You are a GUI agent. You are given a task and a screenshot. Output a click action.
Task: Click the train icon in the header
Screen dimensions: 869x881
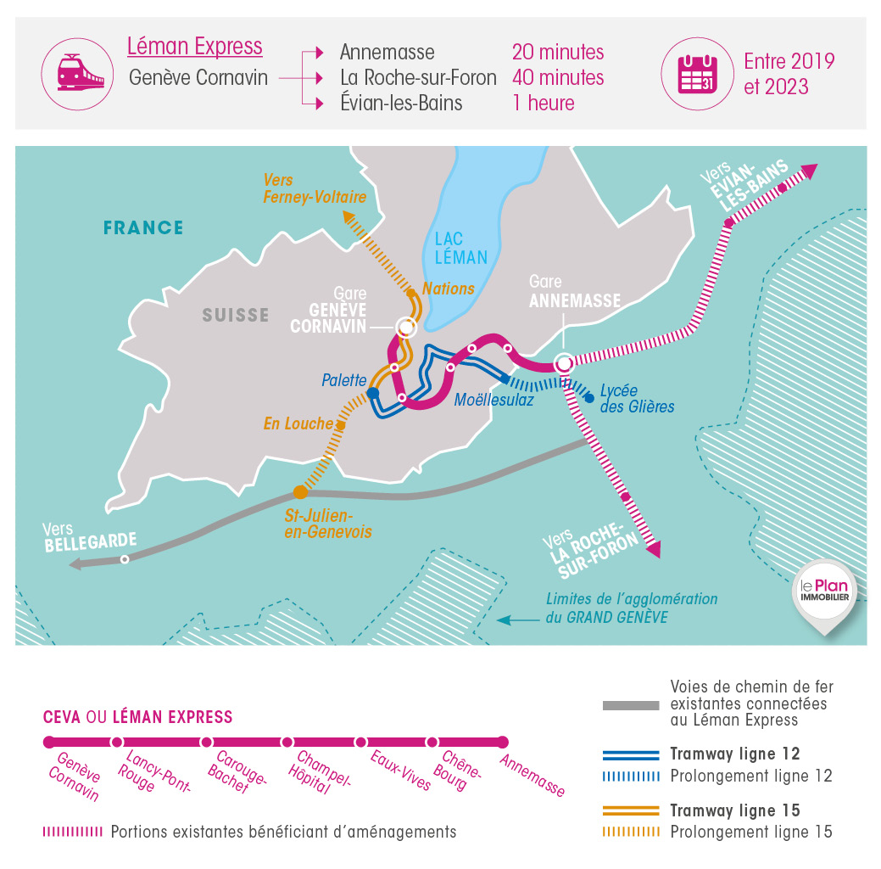pyautogui.click(x=79, y=74)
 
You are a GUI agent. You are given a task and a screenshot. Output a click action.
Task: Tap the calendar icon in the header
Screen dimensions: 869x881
pyautogui.click(x=697, y=74)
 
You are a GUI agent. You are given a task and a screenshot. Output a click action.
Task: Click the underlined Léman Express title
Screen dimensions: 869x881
pyautogui.click(x=194, y=47)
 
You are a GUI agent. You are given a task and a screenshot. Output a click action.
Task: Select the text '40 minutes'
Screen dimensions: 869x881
pyautogui.click(x=558, y=77)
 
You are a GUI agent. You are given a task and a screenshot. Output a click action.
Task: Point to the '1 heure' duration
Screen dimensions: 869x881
pyautogui.click(x=543, y=104)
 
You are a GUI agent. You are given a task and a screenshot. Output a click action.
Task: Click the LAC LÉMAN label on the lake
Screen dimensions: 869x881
pyautogui.click(x=460, y=248)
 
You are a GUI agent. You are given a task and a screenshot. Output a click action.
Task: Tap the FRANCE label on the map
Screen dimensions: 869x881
pyautogui.click(x=143, y=227)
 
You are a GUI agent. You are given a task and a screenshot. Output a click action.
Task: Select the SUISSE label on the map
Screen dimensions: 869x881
pyautogui.click(x=235, y=315)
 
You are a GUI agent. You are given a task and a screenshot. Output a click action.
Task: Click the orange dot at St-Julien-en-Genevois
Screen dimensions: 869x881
pyautogui.click(x=300, y=492)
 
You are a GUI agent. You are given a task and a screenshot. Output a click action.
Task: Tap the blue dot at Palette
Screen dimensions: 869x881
pyautogui.click(x=372, y=393)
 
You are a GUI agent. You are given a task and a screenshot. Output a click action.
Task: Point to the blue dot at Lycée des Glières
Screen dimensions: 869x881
pyautogui.click(x=589, y=397)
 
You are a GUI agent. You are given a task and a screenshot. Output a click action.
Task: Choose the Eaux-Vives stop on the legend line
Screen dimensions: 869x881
pyautogui.click(x=361, y=743)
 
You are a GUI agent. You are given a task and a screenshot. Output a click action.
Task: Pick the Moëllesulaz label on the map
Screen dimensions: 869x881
pyautogui.click(x=494, y=400)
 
